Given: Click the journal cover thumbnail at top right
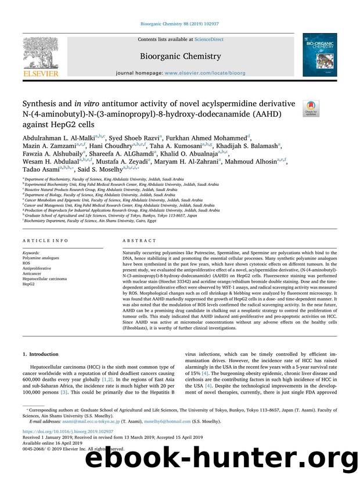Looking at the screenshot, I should click(319, 55).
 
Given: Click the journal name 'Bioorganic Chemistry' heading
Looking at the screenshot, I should click(179, 56).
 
